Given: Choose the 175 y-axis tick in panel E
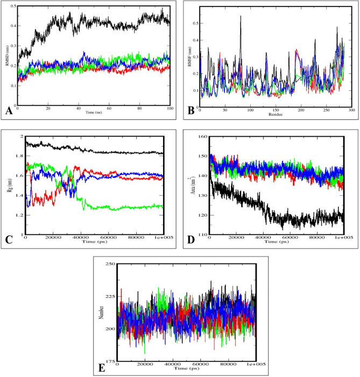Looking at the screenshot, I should (x=109, y=361).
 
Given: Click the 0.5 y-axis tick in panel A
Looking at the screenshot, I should (x=12, y=6).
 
